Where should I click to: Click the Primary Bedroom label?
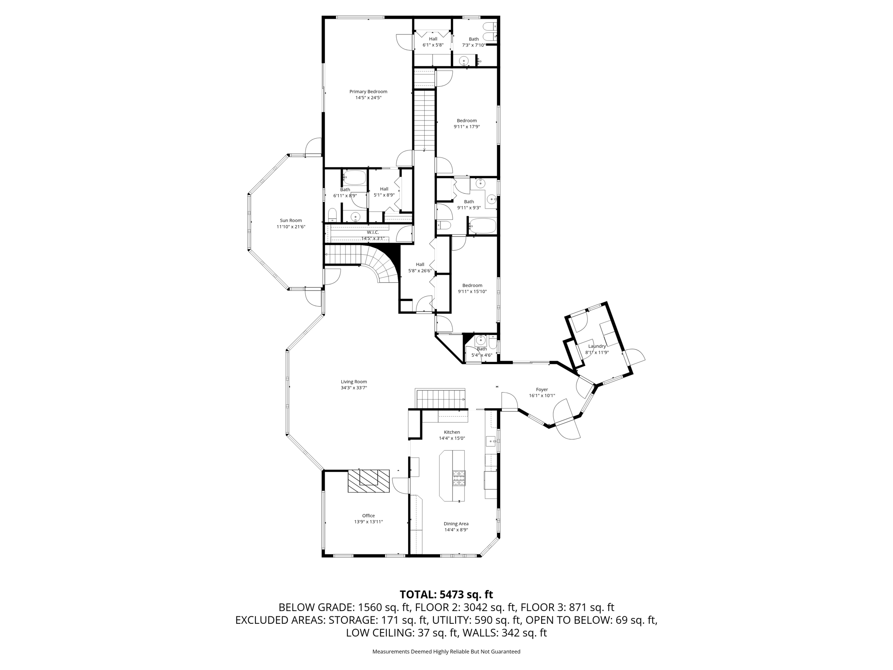[368, 92]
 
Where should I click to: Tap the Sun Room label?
[291, 220]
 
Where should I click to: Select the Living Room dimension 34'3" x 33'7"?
[354, 388]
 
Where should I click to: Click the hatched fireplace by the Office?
[368, 481]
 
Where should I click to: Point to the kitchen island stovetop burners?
[459, 478]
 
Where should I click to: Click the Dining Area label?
[456, 524]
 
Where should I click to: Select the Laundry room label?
[596, 346]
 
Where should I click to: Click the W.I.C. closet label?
[373, 232]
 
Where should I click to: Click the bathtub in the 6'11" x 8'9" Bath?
[355, 178]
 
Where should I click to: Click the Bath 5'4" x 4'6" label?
[481, 349]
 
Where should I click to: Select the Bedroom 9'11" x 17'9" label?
[467, 121]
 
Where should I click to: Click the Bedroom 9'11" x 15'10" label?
[472, 285]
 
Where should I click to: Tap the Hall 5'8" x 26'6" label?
[420, 264]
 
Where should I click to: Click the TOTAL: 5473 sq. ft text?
[446, 595]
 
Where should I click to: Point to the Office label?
[368, 516]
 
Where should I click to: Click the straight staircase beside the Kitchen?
[440, 399]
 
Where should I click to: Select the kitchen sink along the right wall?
[491, 441]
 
